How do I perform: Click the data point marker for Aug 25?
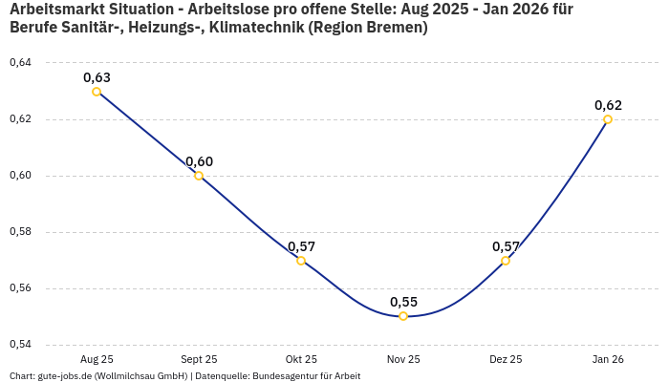(97, 92)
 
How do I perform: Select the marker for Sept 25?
(199, 176)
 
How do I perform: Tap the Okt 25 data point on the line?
(301, 261)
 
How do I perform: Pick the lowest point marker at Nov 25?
(403, 316)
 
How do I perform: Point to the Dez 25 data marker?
(506, 261)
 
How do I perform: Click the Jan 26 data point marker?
(608, 119)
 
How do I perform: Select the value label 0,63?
(97, 77)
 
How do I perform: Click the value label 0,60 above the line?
(199, 161)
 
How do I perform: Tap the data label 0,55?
(403, 302)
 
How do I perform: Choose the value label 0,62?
(608, 105)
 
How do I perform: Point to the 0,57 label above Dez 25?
(506, 246)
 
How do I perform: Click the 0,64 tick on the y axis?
(20, 63)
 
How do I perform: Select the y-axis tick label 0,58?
(20, 232)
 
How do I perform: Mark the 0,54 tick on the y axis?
(20, 345)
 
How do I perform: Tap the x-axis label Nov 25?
(403, 359)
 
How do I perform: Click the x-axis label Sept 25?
(199, 359)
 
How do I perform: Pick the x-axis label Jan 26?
(608, 359)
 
